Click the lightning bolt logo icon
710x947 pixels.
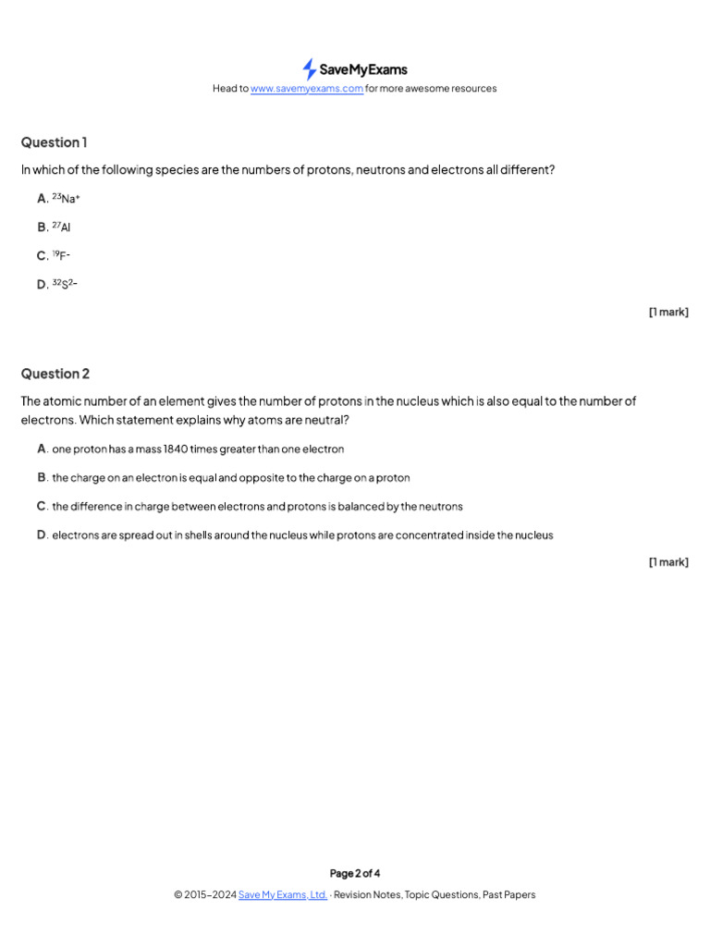click(x=309, y=68)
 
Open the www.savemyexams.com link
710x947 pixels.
click(x=307, y=89)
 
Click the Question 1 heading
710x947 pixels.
click(x=55, y=142)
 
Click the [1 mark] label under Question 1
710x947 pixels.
click(x=668, y=313)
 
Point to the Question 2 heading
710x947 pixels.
click(x=55, y=374)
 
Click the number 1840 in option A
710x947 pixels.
click(x=176, y=449)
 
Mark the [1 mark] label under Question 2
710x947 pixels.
click(x=668, y=562)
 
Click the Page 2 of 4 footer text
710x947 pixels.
click(x=355, y=873)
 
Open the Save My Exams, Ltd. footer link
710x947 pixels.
click(x=283, y=895)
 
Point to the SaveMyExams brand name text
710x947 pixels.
click(x=363, y=69)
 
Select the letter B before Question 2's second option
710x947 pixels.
click(x=43, y=478)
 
